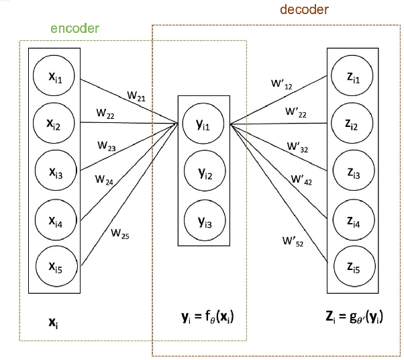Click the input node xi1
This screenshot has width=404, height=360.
(x=55, y=78)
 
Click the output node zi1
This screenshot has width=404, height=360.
(x=352, y=78)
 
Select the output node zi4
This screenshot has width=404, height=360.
(x=352, y=221)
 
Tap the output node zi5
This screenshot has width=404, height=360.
(x=352, y=268)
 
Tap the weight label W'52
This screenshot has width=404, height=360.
(x=292, y=240)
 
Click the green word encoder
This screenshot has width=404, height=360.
(x=75, y=28)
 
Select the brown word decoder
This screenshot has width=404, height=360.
(x=304, y=11)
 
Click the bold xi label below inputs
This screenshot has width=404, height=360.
(x=56, y=321)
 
